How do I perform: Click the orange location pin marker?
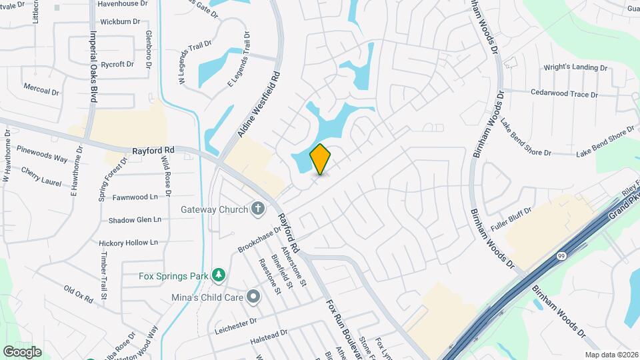pyautogui.click(x=321, y=159)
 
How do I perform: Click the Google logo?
pyautogui.click(x=22, y=351)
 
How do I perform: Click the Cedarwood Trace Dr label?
pyautogui.click(x=564, y=94)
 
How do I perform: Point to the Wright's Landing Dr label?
pyautogui.click(x=575, y=68)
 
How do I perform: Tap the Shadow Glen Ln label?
pyautogui.click(x=135, y=219)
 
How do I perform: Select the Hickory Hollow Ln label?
pyautogui.click(x=128, y=243)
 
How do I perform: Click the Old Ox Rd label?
pyautogui.click(x=78, y=294)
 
